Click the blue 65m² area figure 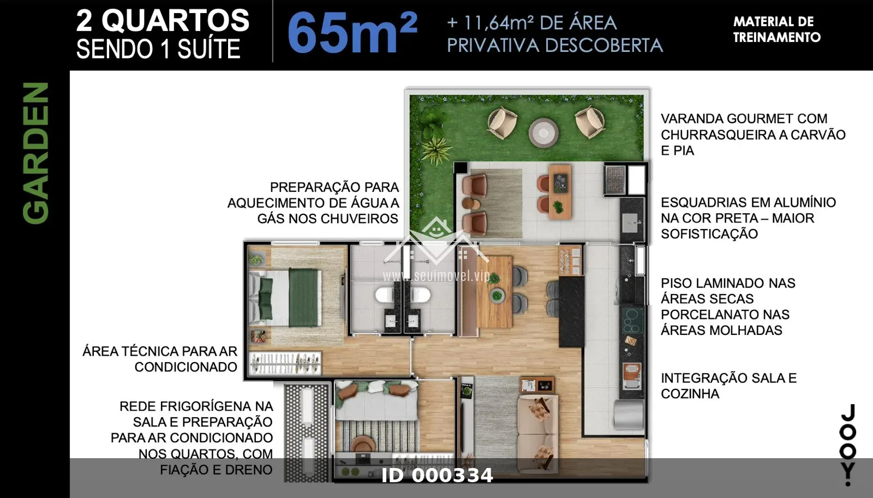coord(352,33)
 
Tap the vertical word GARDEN coord(36,153)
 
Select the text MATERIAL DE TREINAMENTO coord(777,29)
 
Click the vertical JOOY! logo coord(847,445)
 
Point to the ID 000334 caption coord(437,476)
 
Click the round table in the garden coord(543,133)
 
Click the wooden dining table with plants coord(494,291)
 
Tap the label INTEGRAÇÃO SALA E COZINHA coord(729,386)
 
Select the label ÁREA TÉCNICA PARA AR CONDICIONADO coord(160,359)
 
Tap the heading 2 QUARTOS coord(163,21)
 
